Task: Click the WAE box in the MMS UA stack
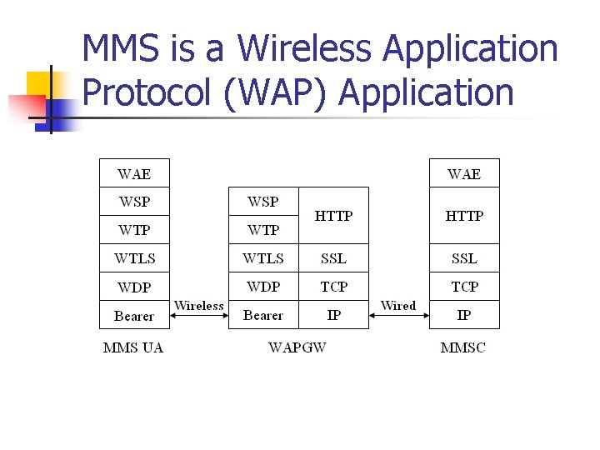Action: [134, 173]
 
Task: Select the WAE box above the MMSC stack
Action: [464, 173]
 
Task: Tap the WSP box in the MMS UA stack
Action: [134, 202]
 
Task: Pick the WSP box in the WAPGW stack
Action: [263, 202]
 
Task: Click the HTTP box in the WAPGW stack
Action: [333, 216]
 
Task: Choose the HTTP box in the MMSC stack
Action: [464, 216]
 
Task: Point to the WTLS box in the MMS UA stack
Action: [134, 258]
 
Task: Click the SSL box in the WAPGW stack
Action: [333, 258]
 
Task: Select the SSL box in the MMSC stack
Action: [464, 258]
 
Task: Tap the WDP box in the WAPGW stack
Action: [263, 287]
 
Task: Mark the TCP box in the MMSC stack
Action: [464, 287]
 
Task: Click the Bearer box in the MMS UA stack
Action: [134, 316]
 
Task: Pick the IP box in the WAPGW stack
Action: [333, 316]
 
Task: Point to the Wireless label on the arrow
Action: [199, 306]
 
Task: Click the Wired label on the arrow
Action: [397, 306]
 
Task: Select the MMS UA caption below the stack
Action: [133, 347]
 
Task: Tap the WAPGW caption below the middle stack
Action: [297, 347]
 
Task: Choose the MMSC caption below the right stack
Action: [462, 347]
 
